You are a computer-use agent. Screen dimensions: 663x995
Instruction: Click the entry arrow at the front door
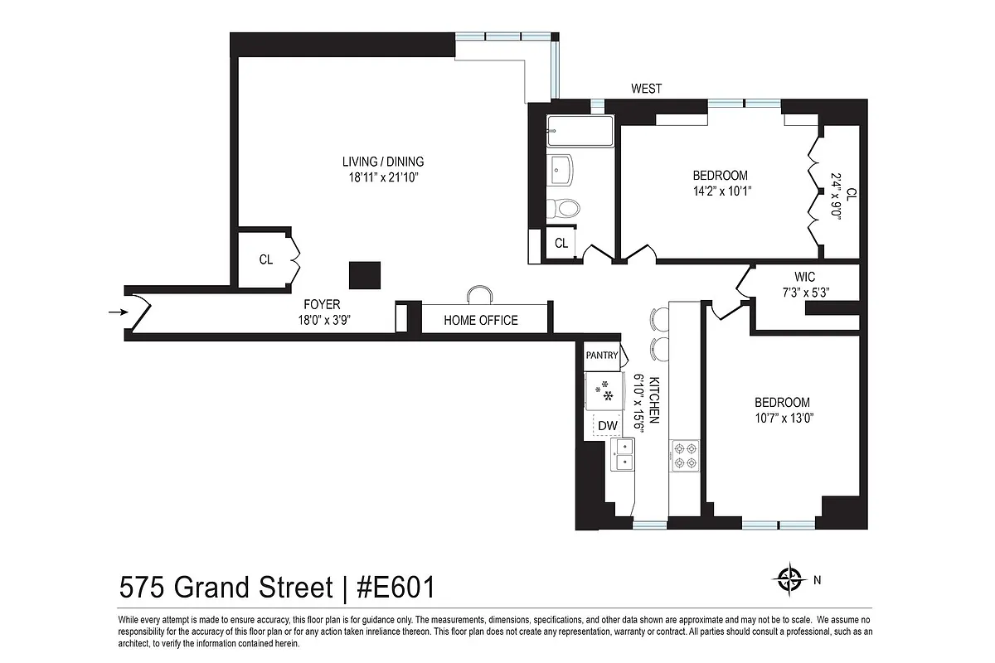tap(117, 312)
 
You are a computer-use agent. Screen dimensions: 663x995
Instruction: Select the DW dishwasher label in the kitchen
tap(608, 426)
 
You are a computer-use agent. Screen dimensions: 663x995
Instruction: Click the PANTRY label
tap(602, 356)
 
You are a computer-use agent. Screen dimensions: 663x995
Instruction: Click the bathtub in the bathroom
tap(580, 132)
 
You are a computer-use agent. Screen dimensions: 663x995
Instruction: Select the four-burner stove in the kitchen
tap(684, 455)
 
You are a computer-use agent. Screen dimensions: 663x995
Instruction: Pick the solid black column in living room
tap(365, 275)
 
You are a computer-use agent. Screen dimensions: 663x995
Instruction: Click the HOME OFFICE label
tap(481, 321)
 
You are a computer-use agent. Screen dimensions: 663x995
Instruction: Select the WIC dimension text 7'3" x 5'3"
tap(800, 292)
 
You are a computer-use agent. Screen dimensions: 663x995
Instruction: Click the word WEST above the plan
tap(646, 89)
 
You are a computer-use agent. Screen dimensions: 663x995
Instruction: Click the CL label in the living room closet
tap(265, 259)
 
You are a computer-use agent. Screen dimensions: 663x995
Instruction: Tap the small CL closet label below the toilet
tap(561, 244)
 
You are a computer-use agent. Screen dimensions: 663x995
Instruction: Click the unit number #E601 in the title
tap(396, 588)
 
